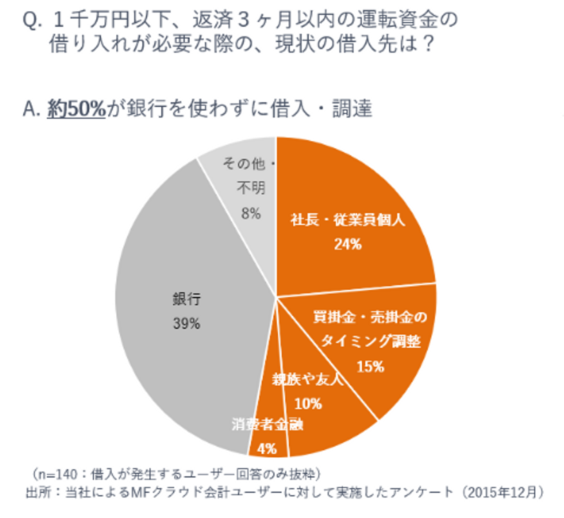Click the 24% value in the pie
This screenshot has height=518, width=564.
[x=348, y=244]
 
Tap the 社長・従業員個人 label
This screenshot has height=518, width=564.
[x=348, y=220]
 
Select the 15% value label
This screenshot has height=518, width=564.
[x=370, y=366]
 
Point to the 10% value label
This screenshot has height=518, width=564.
[x=308, y=403]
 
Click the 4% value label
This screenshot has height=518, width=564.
[x=267, y=448]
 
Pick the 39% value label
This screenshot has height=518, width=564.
[x=186, y=324]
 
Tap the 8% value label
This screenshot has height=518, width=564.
[x=251, y=214]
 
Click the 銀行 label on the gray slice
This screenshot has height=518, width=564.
[x=187, y=299]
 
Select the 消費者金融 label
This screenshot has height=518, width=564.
[x=268, y=424]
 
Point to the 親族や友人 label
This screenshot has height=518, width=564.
[x=307, y=379]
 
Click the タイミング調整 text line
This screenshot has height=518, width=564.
[x=371, y=341]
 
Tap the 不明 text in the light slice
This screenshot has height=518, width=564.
[x=251, y=188]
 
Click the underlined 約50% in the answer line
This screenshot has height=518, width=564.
[x=76, y=108]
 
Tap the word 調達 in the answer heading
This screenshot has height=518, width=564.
[x=352, y=108]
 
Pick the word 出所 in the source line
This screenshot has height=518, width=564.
[x=38, y=492]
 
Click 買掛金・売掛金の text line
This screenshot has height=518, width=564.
[x=370, y=317]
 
